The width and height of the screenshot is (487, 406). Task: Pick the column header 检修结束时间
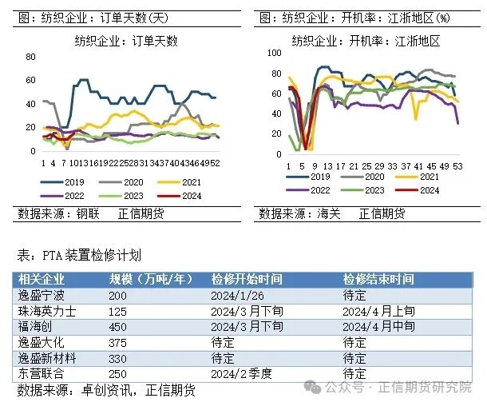click(378, 279)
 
